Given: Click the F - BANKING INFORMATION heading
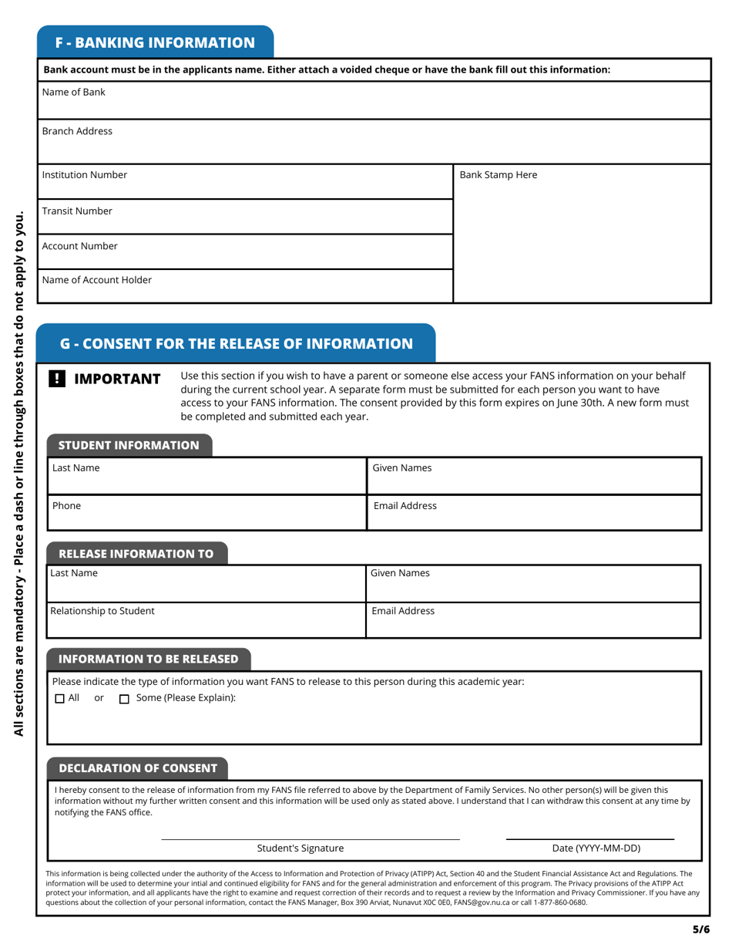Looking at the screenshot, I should click(155, 42).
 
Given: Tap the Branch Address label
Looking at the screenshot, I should click(77, 131).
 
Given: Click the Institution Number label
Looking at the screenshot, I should click(85, 175).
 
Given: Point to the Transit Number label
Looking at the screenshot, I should click(77, 211).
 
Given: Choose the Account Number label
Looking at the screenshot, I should click(79, 246).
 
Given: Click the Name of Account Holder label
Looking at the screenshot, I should click(97, 280).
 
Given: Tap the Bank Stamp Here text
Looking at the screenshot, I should click(499, 175).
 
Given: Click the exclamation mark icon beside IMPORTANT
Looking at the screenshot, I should click(55, 378).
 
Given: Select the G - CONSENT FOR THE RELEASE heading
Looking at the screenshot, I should click(237, 343).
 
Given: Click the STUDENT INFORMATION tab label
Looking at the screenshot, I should click(129, 445).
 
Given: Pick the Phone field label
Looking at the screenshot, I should click(66, 506).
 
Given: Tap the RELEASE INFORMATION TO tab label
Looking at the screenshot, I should click(136, 554).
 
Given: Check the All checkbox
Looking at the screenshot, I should click(61, 699).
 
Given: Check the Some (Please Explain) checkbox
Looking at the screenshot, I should click(125, 699).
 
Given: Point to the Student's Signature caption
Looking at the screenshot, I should click(301, 848).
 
